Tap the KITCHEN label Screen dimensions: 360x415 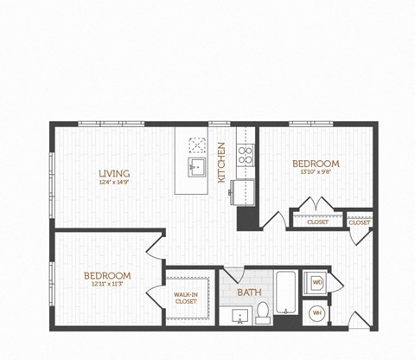pyautogui.click(x=221, y=163)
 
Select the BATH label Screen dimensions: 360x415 pyautogui.click(x=249, y=292)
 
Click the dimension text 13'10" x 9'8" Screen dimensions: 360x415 pyautogui.click(x=315, y=172)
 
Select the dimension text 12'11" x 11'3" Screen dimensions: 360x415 pyautogui.click(x=107, y=285)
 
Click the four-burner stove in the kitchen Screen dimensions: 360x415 pyautogui.click(x=245, y=157)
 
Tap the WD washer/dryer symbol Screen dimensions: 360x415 pyautogui.click(x=316, y=282)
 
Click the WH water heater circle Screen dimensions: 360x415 pyautogui.click(x=316, y=312)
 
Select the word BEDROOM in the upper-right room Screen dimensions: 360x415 pyautogui.click(x=315, y=163)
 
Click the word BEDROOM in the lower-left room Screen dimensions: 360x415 pyautogui.click(x=107, y=275)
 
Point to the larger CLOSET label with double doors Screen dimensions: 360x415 pyautogui.click(x=317, y=222)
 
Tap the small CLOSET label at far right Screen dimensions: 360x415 pyautogui.click(x=359, y=222)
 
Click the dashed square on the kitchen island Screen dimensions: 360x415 pyautogui.click(x=196, y=143)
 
